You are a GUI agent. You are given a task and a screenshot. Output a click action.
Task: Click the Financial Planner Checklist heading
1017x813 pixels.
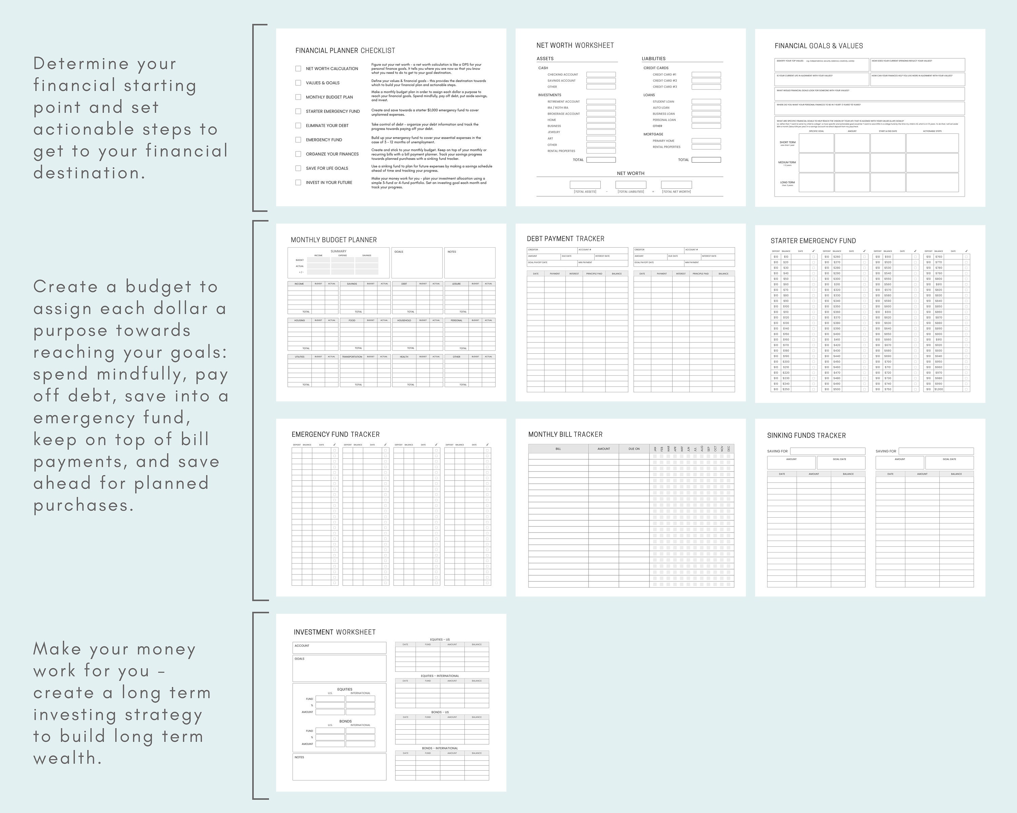click(345, 50)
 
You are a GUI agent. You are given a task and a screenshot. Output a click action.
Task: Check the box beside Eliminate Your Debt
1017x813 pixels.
click(298, 125)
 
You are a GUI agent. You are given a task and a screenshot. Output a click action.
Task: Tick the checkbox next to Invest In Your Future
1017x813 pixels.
click(298, 182)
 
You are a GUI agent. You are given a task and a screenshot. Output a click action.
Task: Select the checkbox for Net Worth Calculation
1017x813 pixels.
click(298, 68)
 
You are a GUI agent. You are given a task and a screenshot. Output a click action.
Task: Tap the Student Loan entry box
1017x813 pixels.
click(706, 101)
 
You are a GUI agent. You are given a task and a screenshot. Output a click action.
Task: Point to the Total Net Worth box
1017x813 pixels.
click(676, 185)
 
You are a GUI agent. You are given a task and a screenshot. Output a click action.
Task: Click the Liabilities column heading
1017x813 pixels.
click(653, 59)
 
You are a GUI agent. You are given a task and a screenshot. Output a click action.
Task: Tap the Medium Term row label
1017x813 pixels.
click(787, 163)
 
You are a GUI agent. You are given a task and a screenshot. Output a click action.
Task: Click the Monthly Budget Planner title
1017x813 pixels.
click(334, 240)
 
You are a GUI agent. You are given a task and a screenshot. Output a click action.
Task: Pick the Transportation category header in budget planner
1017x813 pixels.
click(352, 357)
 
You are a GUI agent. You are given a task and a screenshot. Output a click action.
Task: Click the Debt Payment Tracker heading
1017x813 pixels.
click(565, 238)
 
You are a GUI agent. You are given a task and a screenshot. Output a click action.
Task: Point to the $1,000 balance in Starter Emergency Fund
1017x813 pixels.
click(939, 389)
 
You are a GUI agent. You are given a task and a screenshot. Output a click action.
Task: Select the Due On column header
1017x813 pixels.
click(634, 449)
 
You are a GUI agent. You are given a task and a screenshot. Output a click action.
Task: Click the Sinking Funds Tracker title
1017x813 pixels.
click(806, 436)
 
